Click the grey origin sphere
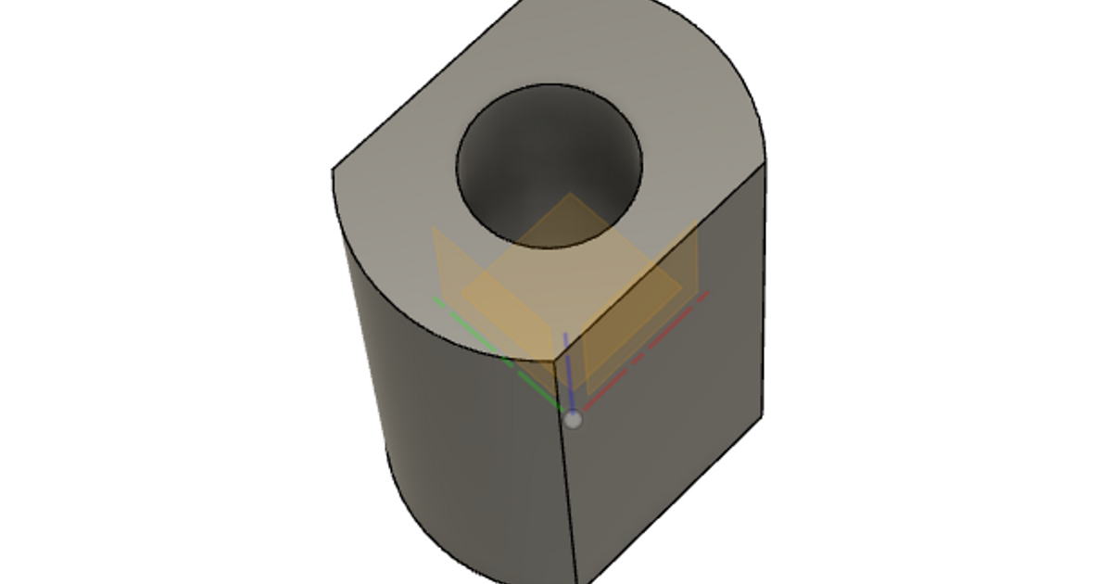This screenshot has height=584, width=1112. pyautogui.click(x=575, y=420)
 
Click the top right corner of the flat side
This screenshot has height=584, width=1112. pyautogui.click(x=765, y=160)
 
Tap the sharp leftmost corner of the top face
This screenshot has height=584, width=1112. pyautogui.click(x=333, y=170)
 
